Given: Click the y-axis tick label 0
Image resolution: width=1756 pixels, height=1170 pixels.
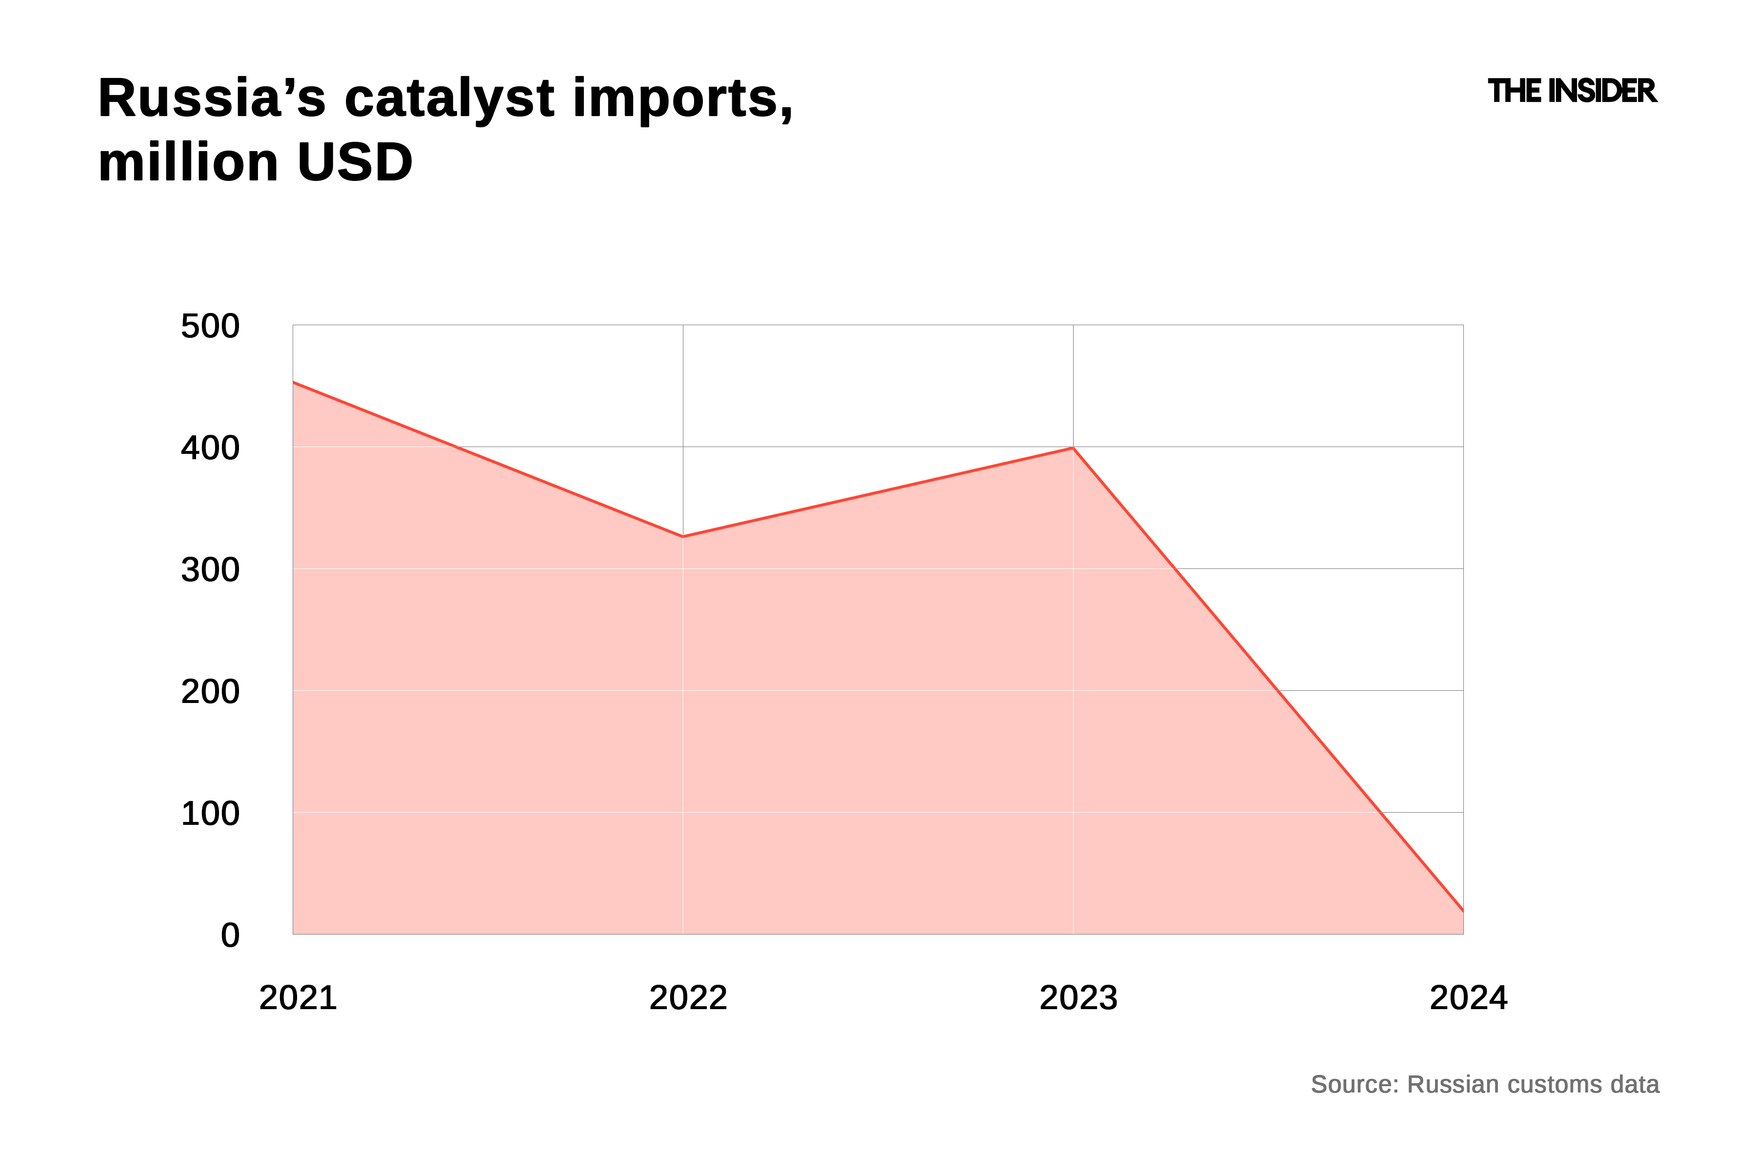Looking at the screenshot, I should [x=230, y=935].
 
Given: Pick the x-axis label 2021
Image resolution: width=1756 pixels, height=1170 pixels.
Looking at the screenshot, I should [x=298, y=997].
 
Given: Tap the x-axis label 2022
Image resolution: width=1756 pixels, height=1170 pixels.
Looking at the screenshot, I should [x=688, y=997].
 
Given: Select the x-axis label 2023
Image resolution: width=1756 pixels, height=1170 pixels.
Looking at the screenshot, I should [x=1078, y=997].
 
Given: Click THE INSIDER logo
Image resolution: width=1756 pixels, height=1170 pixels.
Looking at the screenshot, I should [x=1572, y=91].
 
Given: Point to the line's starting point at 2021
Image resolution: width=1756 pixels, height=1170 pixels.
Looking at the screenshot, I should [x=294, y=382].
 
